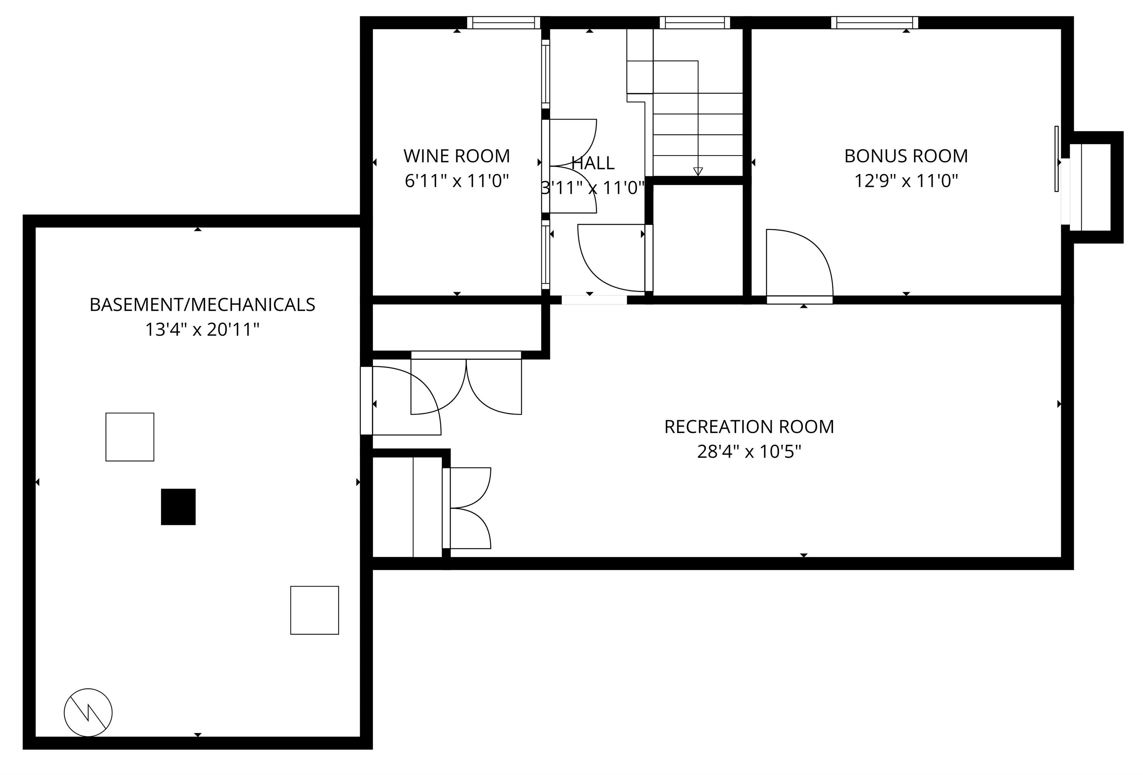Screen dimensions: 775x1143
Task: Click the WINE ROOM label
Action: [x=457, y=156]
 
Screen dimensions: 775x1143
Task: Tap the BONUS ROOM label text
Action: [x=906, y=156]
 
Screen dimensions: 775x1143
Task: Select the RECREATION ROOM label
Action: [x=749, y=427]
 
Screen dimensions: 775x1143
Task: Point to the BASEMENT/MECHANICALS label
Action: [x=202, y=304]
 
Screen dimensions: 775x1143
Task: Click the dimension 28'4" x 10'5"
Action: [x=749, y=451]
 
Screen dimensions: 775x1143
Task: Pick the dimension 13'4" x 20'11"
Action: [x=202, y=329]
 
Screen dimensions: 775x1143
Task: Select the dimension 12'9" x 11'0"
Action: [x=906, y=181]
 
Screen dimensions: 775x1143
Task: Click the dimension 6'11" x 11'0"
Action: [x=457, y=181]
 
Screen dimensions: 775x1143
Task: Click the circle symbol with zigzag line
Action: [x=88, y=712]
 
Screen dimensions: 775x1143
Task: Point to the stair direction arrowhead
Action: [x=697, y=171]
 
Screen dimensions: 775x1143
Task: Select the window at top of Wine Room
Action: [x=503, y=23]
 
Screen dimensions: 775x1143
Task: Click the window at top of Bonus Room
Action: [x=874, y=23]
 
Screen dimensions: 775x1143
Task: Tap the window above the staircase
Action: [x=694, y=23]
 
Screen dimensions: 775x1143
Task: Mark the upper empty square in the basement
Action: [x=130, y=437]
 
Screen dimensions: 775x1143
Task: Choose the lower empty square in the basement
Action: [x=314, y=610]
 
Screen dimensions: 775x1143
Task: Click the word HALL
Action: [x=593, y=163]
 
